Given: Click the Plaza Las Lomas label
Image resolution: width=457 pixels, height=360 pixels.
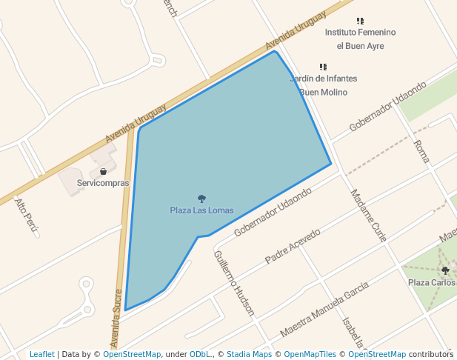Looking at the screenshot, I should click(201, 210).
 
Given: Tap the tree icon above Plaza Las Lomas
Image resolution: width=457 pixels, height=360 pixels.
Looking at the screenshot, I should click(201, 199).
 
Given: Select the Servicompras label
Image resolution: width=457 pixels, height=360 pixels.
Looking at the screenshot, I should click(103, 183).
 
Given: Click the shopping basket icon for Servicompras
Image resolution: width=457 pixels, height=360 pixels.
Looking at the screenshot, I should click(103, 172).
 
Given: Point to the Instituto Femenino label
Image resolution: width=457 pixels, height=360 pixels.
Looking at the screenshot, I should click(361, 33).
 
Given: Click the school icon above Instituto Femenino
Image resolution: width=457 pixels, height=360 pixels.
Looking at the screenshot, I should click(360, 21).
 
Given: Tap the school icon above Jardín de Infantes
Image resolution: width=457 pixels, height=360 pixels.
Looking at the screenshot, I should click(323, 67).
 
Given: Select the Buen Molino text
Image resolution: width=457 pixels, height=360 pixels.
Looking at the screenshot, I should click(323, 92).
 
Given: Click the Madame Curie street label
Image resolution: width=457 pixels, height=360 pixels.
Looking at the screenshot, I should click(368, 216).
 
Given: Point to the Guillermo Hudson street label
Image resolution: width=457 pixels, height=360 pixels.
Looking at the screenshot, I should click(233, 283).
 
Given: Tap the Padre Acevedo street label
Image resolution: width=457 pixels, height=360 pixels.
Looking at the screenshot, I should click(293, 246).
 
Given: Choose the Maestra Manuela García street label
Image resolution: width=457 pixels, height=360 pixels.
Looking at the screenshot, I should click(324, 310).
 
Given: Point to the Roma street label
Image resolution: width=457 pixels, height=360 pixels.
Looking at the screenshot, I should click(421, 151).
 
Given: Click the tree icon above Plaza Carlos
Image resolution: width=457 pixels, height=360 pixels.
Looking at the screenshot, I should click(445, 270).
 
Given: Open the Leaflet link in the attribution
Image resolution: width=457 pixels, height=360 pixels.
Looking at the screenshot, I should click(42, 355).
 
